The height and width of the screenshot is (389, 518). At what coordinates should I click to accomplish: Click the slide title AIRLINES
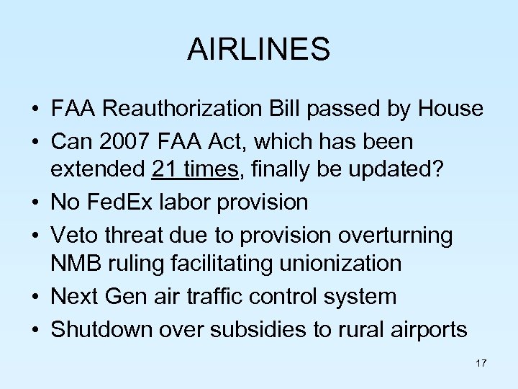(x=258, y=50)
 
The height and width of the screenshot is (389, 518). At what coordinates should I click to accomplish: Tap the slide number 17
(x=481, y=363)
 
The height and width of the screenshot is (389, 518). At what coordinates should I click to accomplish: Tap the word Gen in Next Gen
(x=134, y=295)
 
